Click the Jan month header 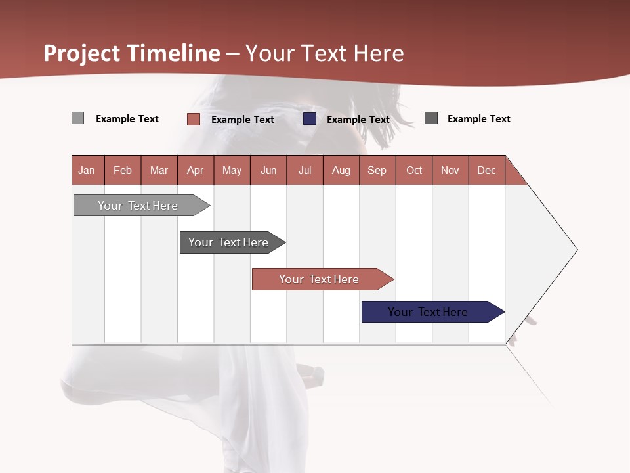point(87,170)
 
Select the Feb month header point(123,170)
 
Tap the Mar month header point(159,170)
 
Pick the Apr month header point(196,170)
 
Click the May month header point(232,170)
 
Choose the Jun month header point(268,170)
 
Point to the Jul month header point(304,170)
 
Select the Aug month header point(341,170)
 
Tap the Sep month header point(377,170)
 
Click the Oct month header point(414,170)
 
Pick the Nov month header point(450,170)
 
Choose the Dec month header point(487,170)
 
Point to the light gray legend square point(77,118)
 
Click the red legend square point(194,119)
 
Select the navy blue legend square point(310,119)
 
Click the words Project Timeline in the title point(132,53)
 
